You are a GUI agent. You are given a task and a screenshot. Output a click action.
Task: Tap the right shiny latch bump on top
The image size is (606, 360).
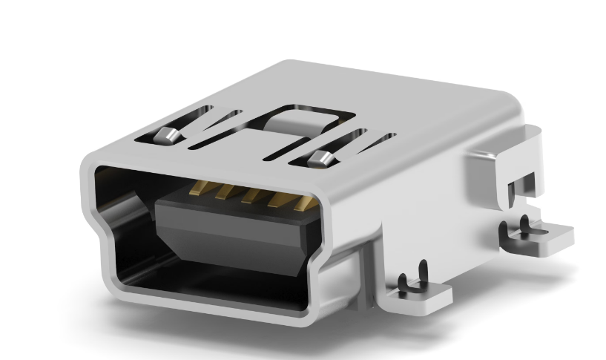[320, 157]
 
